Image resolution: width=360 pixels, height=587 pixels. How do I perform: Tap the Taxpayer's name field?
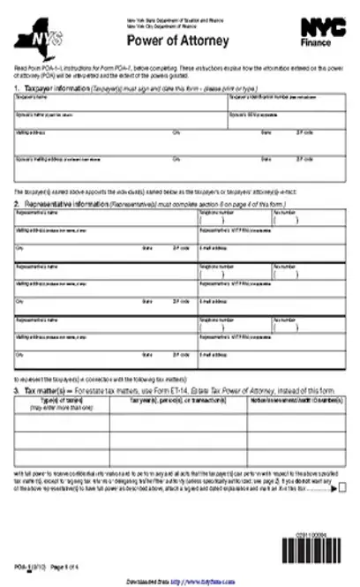119,103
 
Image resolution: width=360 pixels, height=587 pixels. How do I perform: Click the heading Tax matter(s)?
43,365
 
